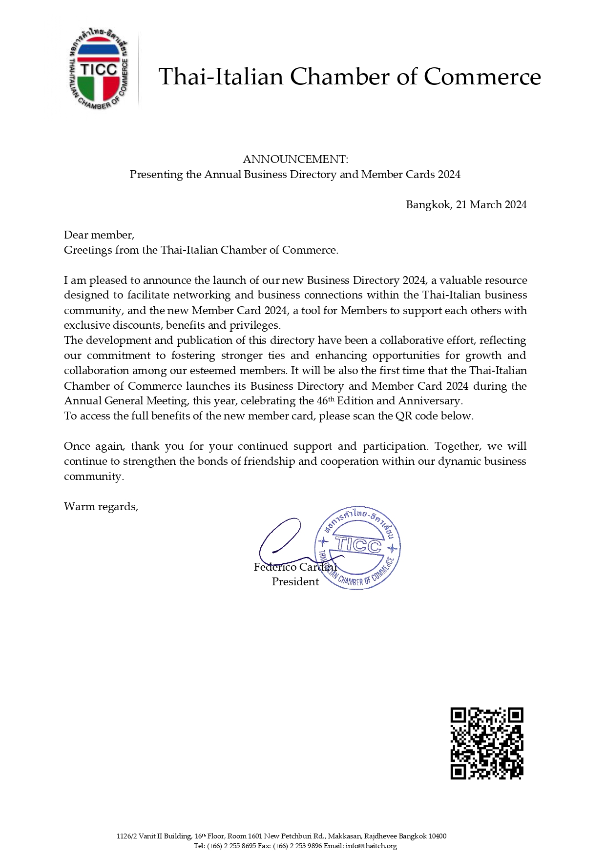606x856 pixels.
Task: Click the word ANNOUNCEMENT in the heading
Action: pyautogui.click(x=294, y=159)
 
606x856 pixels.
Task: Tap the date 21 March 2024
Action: pyautogui.click(x=491, y=205)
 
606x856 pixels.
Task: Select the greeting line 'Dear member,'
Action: pyautogui.click(x=99, y=235)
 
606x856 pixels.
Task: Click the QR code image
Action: pyautogui.click(x=486, y=743)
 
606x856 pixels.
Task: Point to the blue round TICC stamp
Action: pyautogui.click(x=357, y=547)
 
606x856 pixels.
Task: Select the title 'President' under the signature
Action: pyautogui.click(x=295, y=582)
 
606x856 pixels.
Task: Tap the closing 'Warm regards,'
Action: pyautogui.click(x=101, y=507)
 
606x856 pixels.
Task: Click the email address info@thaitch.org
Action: pyautogui.click(x=371, y=846)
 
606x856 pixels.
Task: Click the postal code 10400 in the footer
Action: pyautogui.click(x=438, y=836)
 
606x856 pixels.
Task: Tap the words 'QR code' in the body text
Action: pyautogui.click(x=417, y=416)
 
